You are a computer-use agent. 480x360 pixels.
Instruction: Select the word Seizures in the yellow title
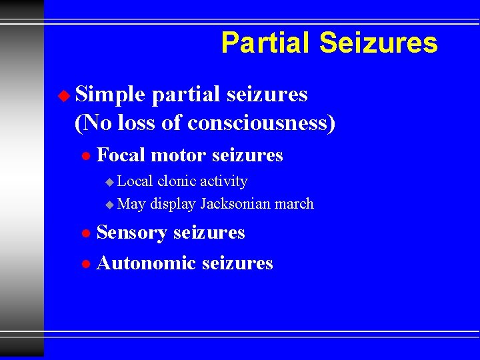click(378, 43)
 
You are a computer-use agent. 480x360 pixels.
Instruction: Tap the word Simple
click(110, 95)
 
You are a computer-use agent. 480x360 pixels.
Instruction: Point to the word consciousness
click(267, 123)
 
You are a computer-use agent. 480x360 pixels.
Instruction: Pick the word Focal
click(121, 155)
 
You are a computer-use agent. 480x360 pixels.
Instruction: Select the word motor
click(175, 155)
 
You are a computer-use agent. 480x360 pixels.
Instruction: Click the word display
click(172, 205)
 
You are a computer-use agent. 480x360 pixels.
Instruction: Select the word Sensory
click(132, 233)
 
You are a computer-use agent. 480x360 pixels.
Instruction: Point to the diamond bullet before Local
click(110, 182)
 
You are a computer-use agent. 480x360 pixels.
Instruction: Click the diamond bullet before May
click(110, 205)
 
